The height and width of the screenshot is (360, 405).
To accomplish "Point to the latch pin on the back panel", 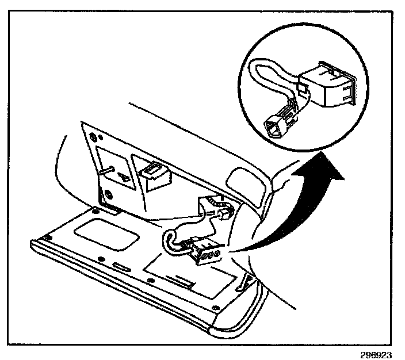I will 107,168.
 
